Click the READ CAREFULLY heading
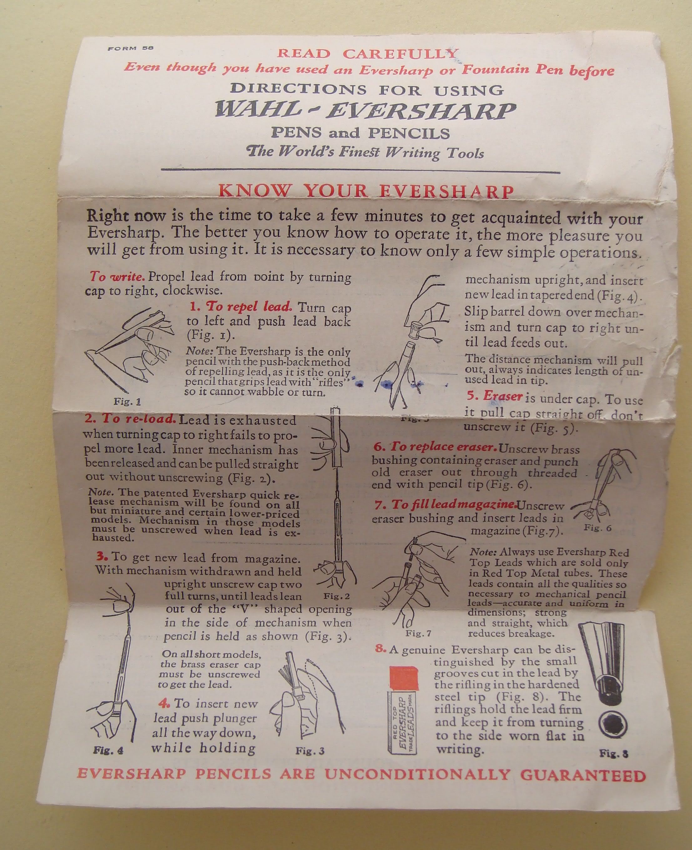tap(368, 54)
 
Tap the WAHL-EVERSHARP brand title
tap(365, 111)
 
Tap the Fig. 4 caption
tap(109, 751)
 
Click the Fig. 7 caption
tap(418, 633)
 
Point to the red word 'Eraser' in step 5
tap(503, 396)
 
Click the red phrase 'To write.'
tap(117, 276)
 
